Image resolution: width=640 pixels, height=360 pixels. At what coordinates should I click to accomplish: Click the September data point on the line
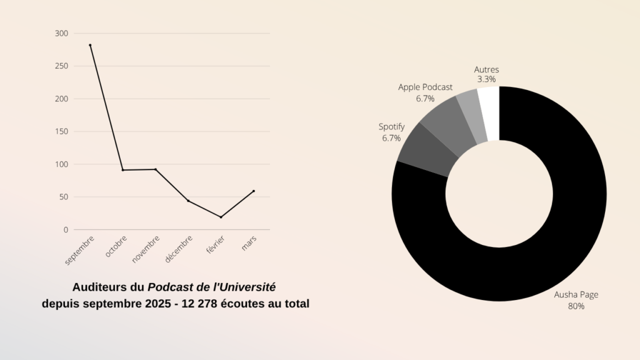tap(90, 45)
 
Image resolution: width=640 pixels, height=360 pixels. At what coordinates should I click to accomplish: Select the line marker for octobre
tap(122, 170)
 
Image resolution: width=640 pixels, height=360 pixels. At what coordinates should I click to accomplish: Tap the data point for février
tap(221, 217)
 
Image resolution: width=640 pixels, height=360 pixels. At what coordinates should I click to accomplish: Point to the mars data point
tap(254, 191)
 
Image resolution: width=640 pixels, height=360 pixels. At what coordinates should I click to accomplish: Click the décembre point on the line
tap(188, 201)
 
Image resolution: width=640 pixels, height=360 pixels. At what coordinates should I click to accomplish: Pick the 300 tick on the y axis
tap(61, 33)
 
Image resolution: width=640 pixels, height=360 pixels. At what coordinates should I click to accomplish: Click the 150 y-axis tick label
tap(61, 131)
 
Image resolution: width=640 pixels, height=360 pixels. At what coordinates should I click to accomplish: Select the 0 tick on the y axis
tap(66, 230)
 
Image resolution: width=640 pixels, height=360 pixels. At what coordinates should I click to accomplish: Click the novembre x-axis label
tap(146, 249)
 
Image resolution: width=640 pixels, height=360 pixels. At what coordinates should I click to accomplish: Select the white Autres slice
tap(489, 112)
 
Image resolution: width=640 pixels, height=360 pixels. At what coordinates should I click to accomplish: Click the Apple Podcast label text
tap(425, 87)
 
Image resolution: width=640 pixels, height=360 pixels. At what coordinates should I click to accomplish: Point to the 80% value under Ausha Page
tap(576, 306)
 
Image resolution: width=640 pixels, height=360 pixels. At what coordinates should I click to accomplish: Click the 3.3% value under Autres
tap(486, 80)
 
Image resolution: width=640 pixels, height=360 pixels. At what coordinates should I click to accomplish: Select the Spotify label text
tap(391, 127)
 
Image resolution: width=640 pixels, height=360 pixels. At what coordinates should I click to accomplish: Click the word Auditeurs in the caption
tap(97, 287)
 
